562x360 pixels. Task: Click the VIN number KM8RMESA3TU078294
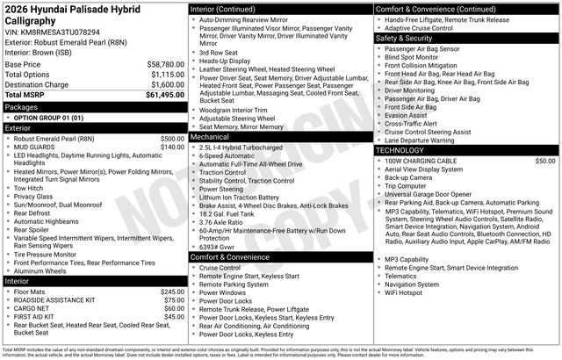(64, 32)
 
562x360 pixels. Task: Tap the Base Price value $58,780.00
(159, 64)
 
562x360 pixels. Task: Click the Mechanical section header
(209, 137)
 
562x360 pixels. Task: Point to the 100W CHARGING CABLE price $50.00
(544, 162)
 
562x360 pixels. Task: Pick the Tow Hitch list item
(29, 188)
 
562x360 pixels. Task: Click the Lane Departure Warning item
(420, 140)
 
